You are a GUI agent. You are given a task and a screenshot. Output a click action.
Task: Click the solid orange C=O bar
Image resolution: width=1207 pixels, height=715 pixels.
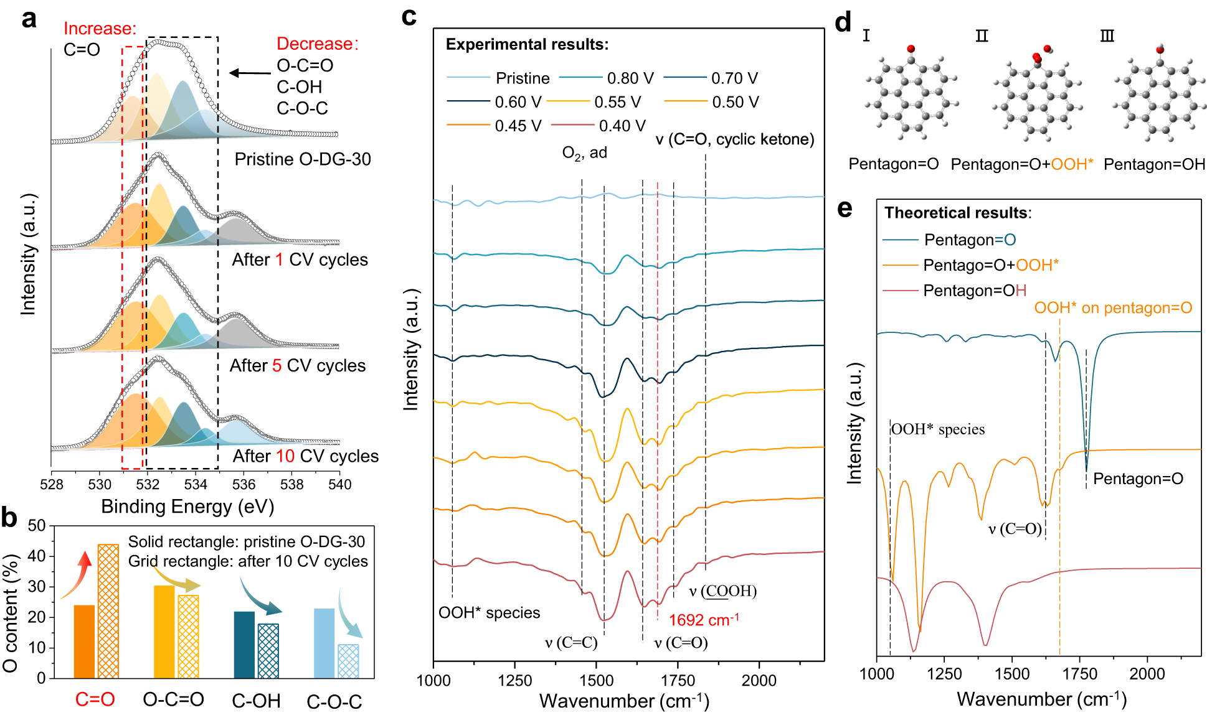tap(84, 642)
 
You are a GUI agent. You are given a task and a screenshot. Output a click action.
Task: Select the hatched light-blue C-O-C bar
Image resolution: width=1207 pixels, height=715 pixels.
tap(348, 661)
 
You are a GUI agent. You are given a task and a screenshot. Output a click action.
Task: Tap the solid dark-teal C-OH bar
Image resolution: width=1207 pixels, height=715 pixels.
tap(244, 645)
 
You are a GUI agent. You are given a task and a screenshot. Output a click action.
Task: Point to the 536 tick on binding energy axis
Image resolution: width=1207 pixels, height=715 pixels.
tap(244, 484)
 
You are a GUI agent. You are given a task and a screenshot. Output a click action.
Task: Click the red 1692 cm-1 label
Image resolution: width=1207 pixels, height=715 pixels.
tap(703, 620)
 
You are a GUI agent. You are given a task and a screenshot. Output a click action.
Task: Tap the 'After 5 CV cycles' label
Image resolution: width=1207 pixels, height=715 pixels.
tap(297, 365)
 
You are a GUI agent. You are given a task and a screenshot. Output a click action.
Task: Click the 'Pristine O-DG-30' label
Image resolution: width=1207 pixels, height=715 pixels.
tap(302, 159)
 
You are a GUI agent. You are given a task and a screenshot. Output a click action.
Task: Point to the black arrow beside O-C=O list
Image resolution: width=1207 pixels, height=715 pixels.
tap(250, 73)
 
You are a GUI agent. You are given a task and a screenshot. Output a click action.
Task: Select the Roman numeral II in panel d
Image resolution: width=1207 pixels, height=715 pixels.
tap(982, 36)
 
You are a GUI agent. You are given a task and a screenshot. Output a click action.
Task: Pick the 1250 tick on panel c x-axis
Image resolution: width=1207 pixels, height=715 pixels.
tap(514, 681)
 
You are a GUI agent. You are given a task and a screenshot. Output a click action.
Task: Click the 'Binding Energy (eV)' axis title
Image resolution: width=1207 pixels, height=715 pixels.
tap(187, 507)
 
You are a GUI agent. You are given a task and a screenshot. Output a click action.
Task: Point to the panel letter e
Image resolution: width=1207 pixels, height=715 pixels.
tap(844, 208)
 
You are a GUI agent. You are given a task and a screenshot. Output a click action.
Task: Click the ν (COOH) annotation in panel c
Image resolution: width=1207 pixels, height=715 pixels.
tap(722, 591)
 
